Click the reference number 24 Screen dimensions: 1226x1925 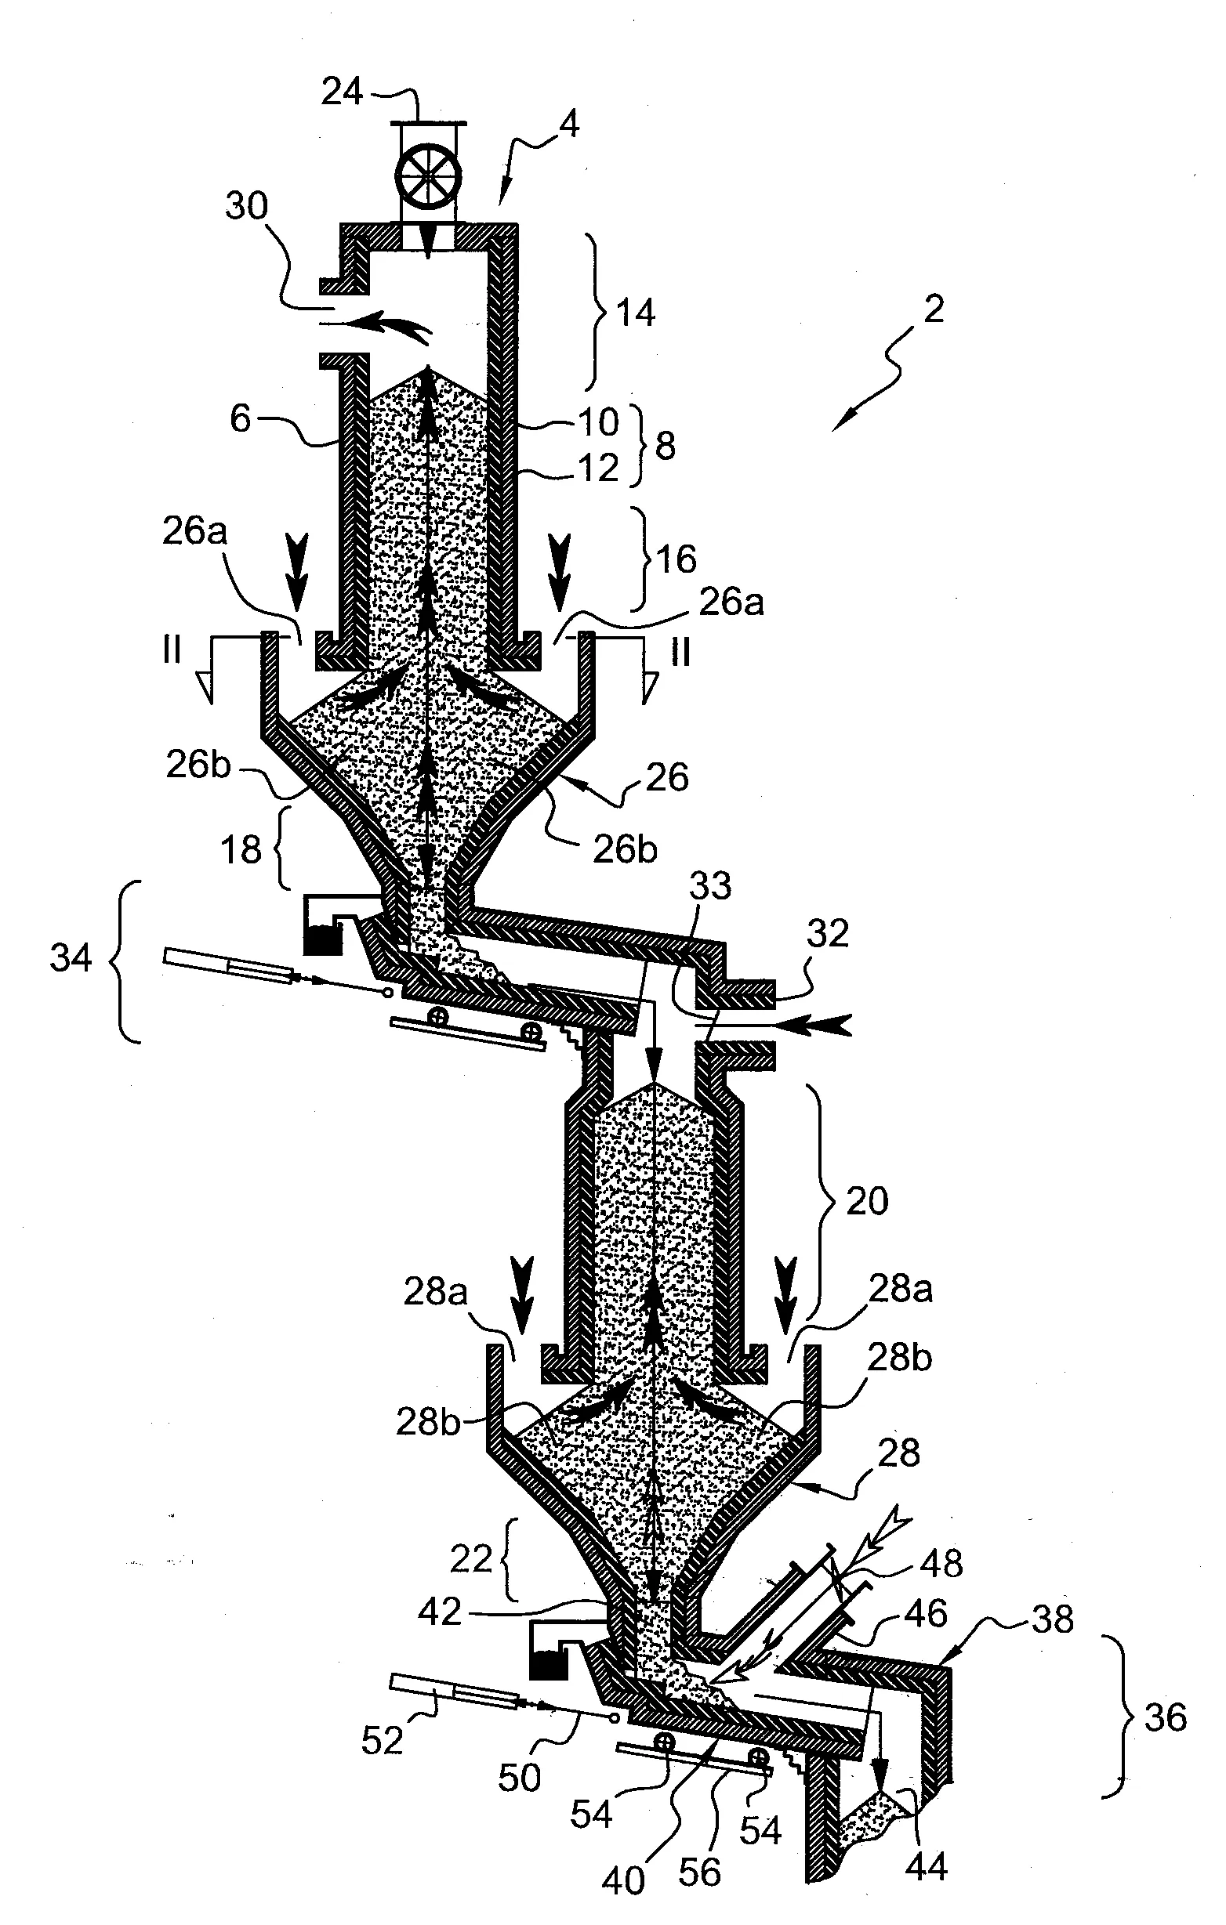[x=343, y=92]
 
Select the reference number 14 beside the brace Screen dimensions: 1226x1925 [x=636, y=313]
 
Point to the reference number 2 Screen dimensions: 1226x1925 [x=934, y=309]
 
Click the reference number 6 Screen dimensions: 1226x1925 [x=241, y=418]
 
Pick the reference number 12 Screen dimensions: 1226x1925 [x=598, y=468]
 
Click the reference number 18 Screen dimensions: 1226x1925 [x=241, y=849]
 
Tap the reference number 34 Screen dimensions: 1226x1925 [x=71, y=957]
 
